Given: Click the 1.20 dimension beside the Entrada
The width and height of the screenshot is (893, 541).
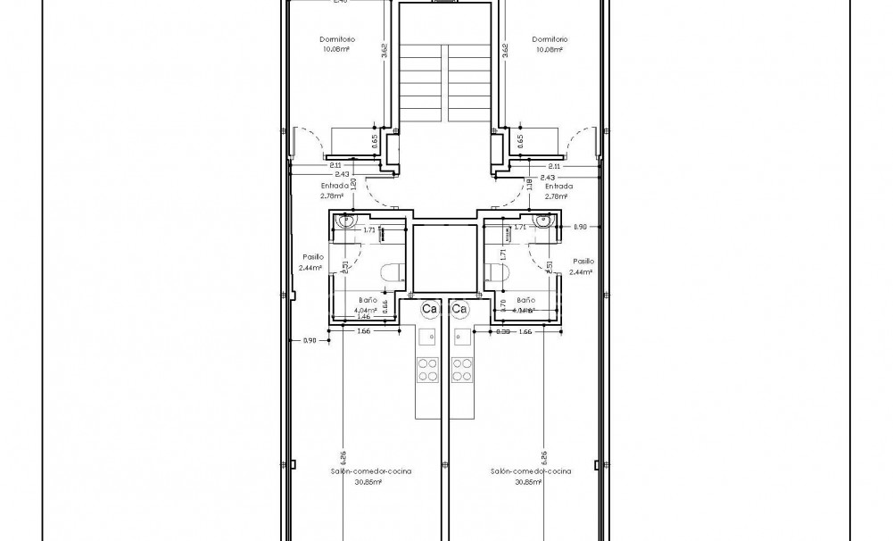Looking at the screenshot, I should click(354, 185).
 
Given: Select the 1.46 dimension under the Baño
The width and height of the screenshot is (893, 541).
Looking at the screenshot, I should click(363, 317).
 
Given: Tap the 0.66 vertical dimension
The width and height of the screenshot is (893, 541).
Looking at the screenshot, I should click(384, 305).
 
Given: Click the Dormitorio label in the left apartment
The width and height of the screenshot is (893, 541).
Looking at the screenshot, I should click(338, 39).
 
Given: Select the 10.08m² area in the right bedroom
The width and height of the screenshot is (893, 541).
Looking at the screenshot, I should click(550, 50).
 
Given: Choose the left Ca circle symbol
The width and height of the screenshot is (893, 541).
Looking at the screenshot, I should click(429, 310).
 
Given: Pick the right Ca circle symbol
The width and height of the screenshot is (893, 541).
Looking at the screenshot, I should click(459, 310).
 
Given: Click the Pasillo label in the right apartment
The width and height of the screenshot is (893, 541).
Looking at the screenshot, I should click(583, 262).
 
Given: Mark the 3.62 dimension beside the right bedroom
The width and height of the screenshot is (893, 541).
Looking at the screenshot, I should click(505, 51).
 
